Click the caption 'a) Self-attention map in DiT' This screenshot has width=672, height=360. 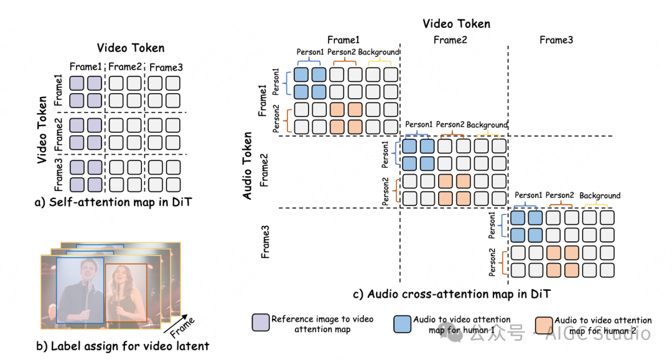[114, 201]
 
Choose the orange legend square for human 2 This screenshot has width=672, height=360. [544, 325]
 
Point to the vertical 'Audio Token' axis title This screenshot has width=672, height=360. [247, 165]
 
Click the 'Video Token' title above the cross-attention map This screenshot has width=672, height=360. [456, 24]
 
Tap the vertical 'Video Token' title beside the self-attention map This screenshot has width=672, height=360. [42, 129]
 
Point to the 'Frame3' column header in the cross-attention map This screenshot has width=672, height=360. [556, 40]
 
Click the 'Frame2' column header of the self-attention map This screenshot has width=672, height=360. [125, 67]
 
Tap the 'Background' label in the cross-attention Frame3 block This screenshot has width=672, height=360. [600, 196]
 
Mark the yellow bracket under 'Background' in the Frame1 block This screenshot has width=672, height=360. [381, 61]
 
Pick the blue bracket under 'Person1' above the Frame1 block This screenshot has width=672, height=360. [309, 61]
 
